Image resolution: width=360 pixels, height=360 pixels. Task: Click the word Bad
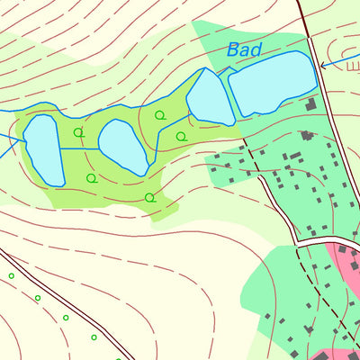tap(244, 50)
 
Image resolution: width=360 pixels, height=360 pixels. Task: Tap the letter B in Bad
tap(233, 50)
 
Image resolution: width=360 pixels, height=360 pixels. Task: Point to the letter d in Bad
tap(256, 50)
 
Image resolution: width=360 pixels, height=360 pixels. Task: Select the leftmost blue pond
tap(42, 150)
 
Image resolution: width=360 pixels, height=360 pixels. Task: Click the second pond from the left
tap(123, 146)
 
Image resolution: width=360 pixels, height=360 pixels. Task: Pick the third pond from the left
tap(210, 98)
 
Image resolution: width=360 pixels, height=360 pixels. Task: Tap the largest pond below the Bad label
tap(272, 85)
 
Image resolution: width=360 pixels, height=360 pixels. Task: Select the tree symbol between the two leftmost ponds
tap(78, 132)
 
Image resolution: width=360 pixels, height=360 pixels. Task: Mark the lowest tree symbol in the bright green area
tap(149, 197)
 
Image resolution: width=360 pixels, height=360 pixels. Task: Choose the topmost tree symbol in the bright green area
tap(160, 115)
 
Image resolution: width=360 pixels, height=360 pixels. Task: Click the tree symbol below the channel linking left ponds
tap(90, 178)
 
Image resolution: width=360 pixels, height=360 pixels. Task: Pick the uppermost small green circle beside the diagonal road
tap(12, 275)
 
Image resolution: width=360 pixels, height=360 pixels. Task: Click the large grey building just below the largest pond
tap(311, 105)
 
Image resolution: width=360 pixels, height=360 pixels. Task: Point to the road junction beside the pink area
tap(310, 240)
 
